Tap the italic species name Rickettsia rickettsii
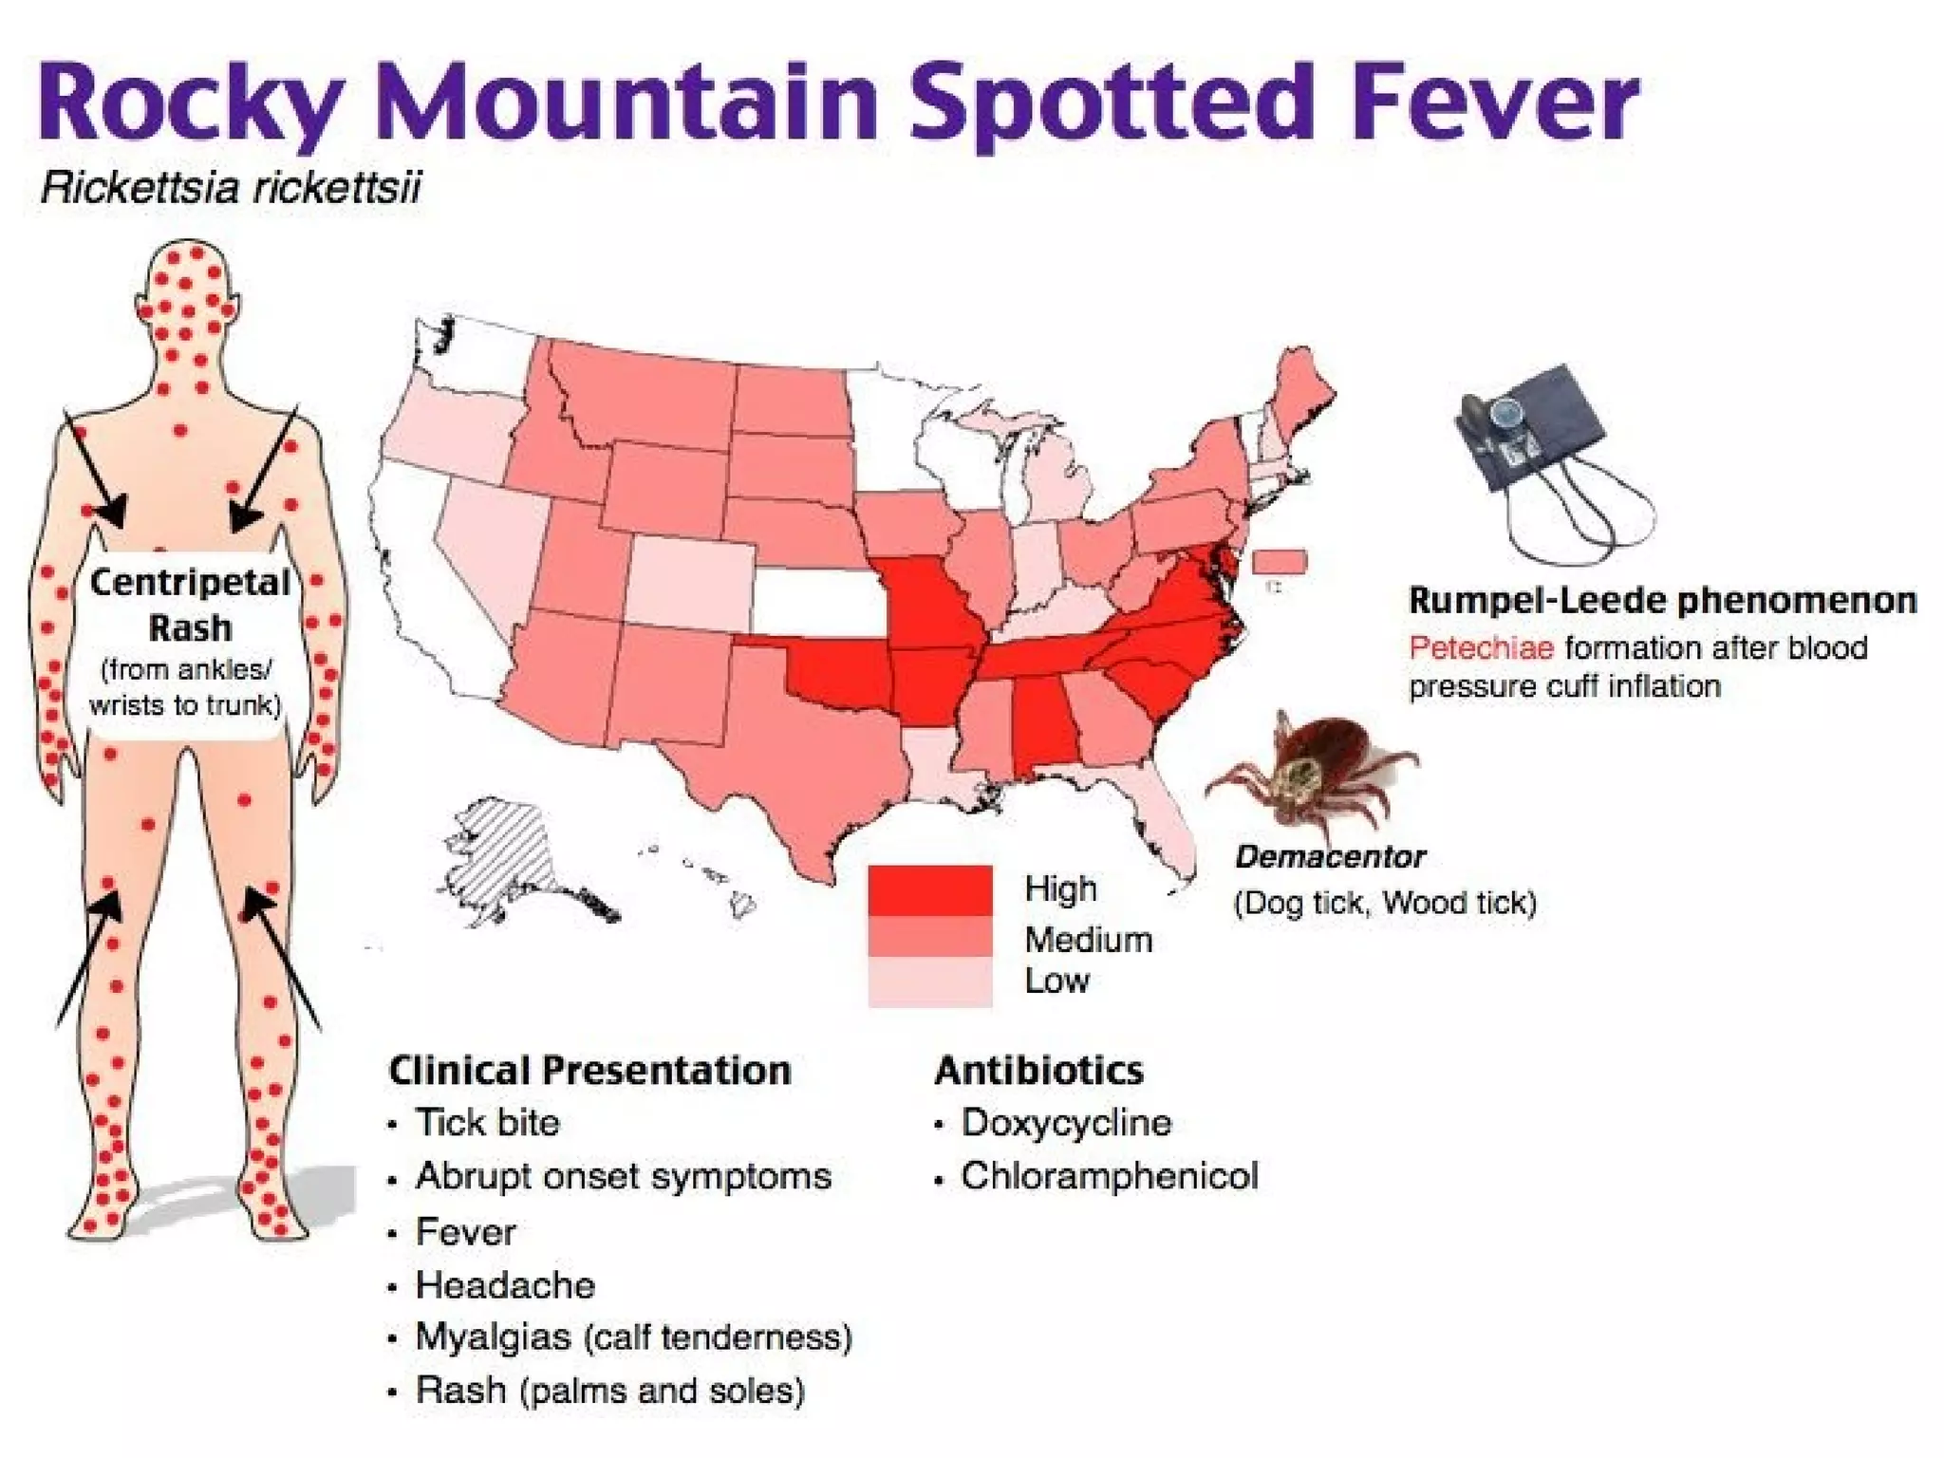click(230, 188)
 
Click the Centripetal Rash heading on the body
click(190, 605)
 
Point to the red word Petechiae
click(1481, 648)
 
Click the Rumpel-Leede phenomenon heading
click(1661, 601)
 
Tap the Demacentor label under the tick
click(1329, 857)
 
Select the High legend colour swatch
click(929, 889)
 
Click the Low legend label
click(1056, 981)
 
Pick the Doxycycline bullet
click(1065, 1123)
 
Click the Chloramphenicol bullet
click(1109, 1176)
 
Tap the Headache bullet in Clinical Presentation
click(505, 1285)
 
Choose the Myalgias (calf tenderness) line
click(633, 1337)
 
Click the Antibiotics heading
click(1038, 1071)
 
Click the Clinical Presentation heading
click(589, 1071)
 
